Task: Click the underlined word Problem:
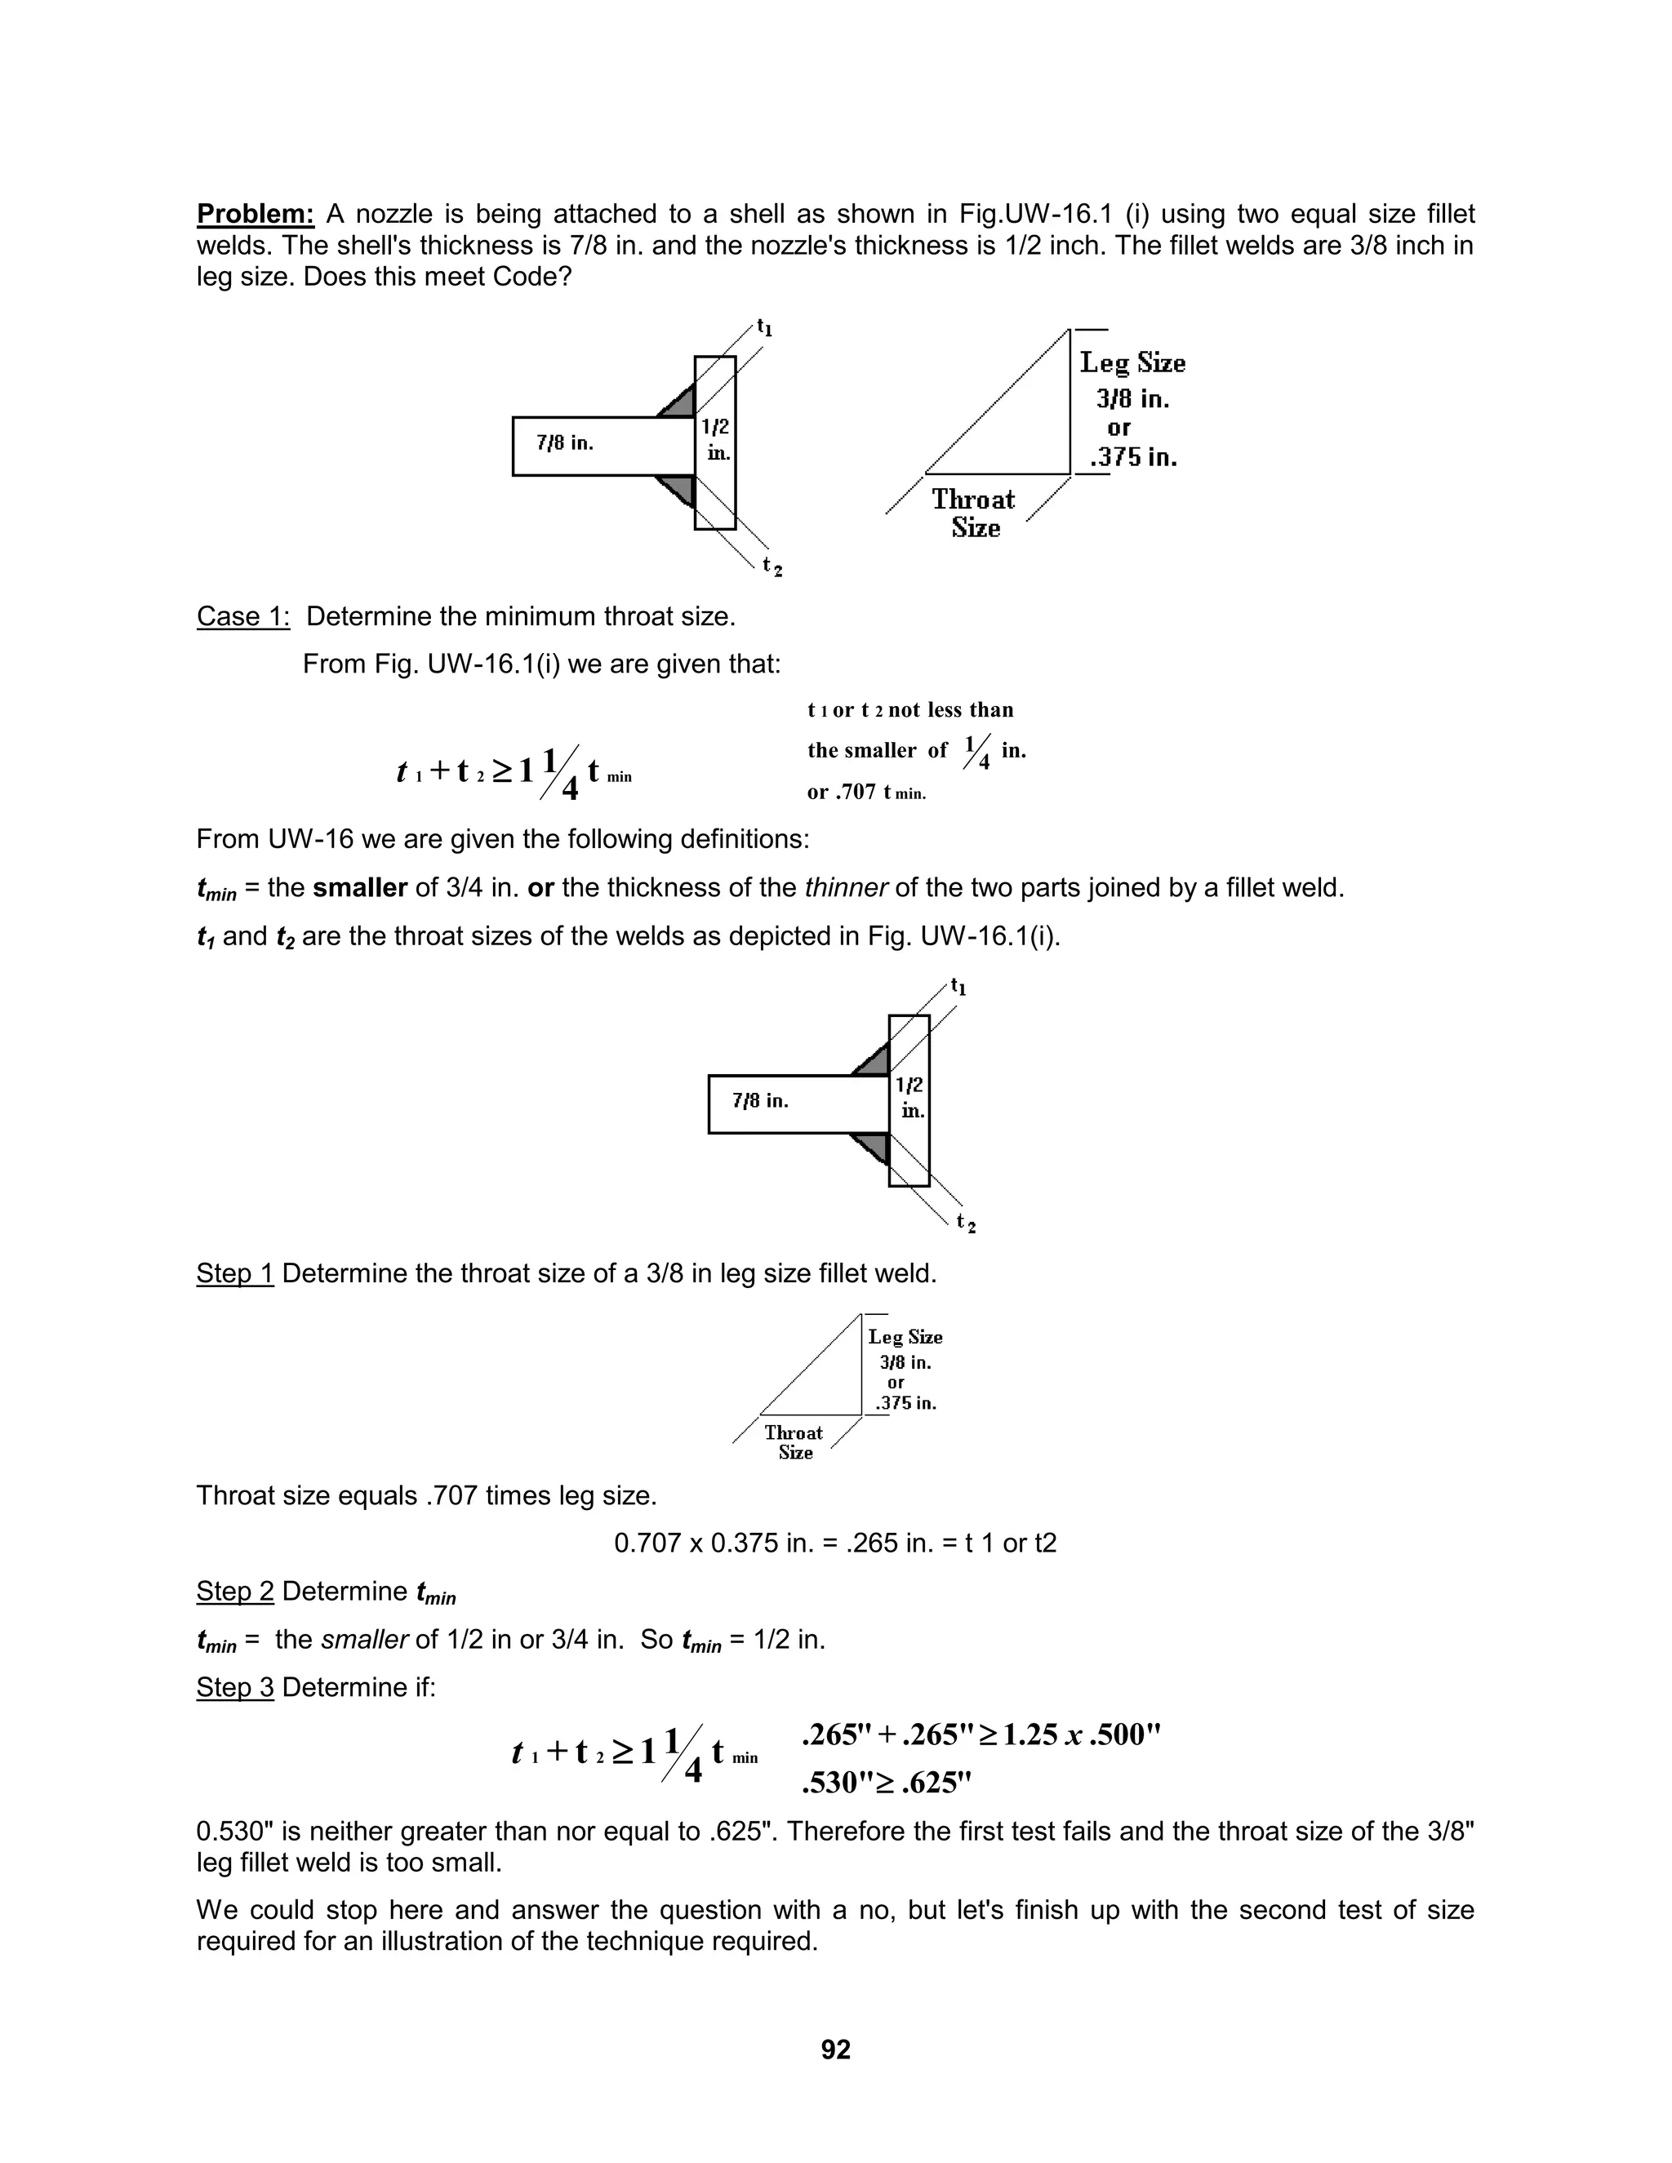[256, 214]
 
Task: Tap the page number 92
[836, 2049]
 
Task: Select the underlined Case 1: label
[242, 617]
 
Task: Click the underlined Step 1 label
[235, 1272]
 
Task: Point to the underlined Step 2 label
[235, 1592]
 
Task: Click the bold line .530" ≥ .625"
[886, 1783]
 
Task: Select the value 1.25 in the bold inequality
[1031, 1734]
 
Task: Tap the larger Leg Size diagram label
[1132, 363]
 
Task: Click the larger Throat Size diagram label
[974, 513]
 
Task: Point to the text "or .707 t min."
[867, 793]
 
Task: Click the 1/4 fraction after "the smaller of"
[977, 752]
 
